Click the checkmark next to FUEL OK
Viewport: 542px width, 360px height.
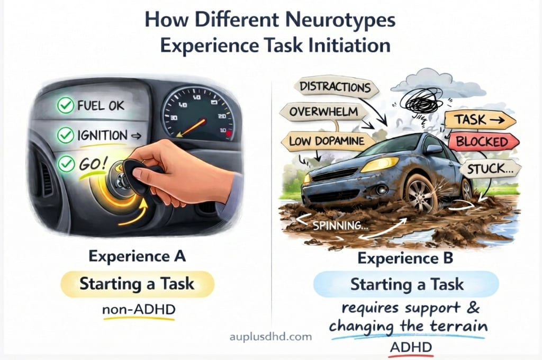point(65,106)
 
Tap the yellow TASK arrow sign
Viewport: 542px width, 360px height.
point(479,120)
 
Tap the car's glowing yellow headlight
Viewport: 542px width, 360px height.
point(380,164)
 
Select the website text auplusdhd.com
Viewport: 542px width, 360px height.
point(272,336)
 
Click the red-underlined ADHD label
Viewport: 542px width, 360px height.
point(411,348)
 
